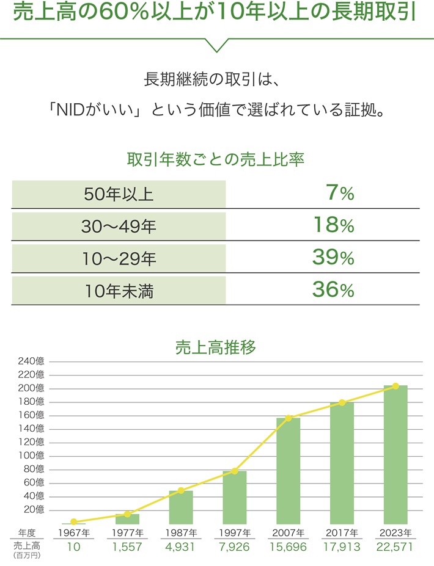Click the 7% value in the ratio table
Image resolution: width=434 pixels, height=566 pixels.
coord(340,194)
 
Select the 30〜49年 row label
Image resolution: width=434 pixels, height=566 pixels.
coord(119,227)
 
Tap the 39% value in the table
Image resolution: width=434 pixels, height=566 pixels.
coord(333,258)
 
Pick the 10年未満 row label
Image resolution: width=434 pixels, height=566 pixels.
coord(119,291)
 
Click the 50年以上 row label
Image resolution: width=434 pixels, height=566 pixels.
coord(119,194)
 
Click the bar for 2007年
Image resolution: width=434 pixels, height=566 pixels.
coord(288,470)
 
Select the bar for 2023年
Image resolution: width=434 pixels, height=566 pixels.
coord(395,455)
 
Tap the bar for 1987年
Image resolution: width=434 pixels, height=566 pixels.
coord(181,507)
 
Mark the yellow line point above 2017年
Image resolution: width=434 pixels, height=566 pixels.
coord(342,402)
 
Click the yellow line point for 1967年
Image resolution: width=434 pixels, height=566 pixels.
coord(73,521)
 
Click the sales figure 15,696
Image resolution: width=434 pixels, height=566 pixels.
coord(288,547)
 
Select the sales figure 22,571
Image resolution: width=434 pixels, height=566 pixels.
coord(395,547)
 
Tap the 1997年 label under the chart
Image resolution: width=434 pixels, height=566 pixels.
coord(234,532)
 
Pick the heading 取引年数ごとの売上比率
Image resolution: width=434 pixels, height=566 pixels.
coord(215,160)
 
